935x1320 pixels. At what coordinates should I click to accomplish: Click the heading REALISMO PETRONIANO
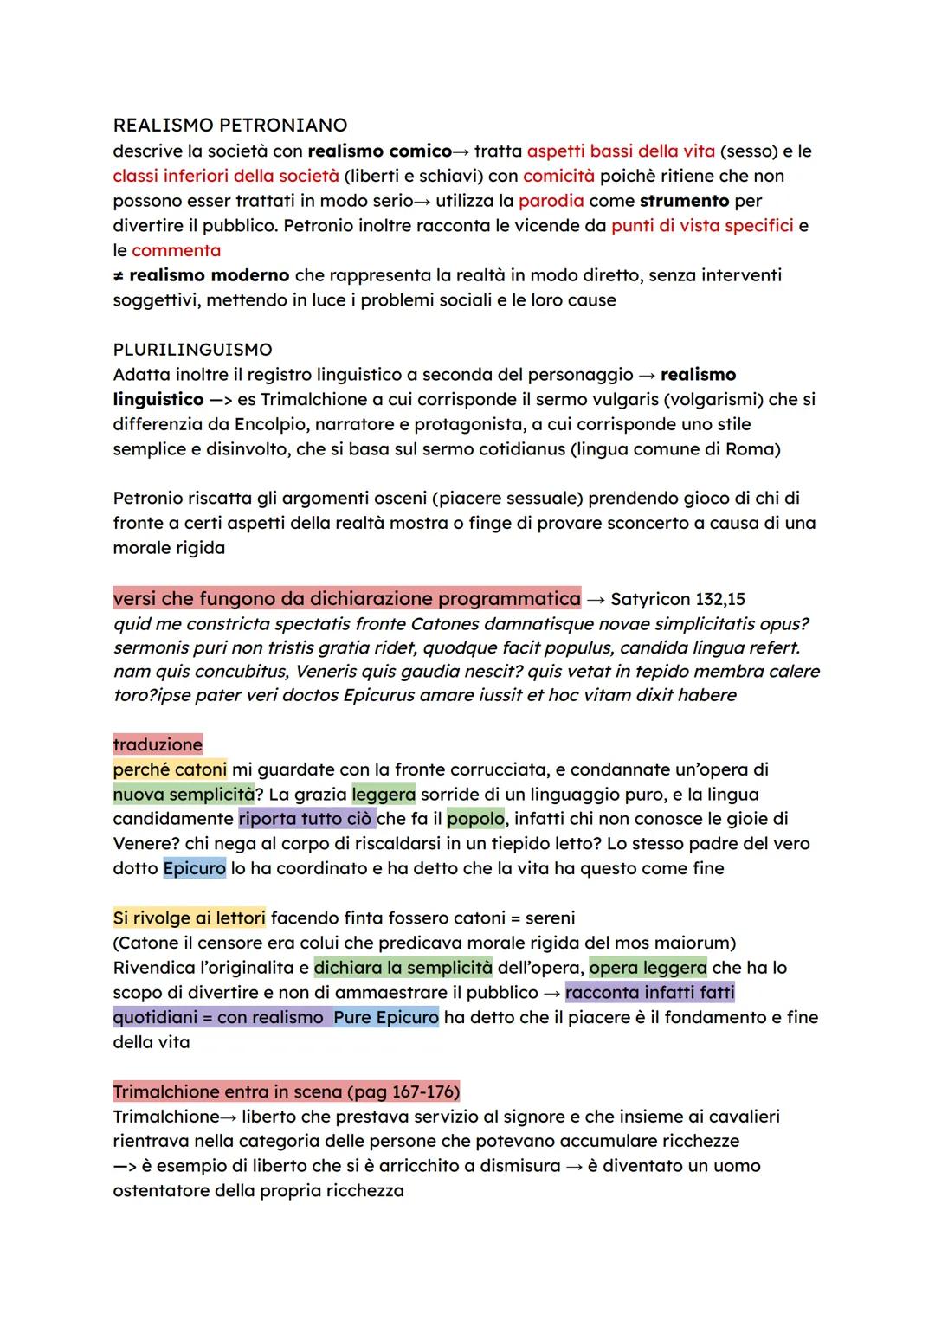[230, 126]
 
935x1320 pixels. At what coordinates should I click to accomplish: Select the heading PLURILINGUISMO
[192, 350]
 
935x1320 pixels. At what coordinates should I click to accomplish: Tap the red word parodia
[551, 201]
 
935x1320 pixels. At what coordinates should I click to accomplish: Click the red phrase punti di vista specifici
[702, 226]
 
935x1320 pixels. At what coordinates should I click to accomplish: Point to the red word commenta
[176, 251]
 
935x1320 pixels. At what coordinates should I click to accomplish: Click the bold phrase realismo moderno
[209, 275]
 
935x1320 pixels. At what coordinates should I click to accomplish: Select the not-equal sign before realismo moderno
[119, 275]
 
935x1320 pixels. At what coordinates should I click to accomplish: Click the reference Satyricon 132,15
[678, 599]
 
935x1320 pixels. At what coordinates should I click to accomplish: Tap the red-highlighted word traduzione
[158, 744]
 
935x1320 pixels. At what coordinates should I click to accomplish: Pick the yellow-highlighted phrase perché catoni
[170, 769]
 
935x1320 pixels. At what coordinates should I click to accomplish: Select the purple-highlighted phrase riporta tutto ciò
[306, 819]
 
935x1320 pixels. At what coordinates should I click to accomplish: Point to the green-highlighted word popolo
[475, 819]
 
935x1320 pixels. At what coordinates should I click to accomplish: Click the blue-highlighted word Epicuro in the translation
[194, 868]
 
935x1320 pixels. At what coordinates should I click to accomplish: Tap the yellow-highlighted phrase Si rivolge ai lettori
[189, 918]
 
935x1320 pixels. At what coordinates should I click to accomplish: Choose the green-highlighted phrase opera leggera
[648, 968]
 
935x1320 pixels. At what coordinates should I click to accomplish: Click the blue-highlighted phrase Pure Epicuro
[385, 1017]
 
